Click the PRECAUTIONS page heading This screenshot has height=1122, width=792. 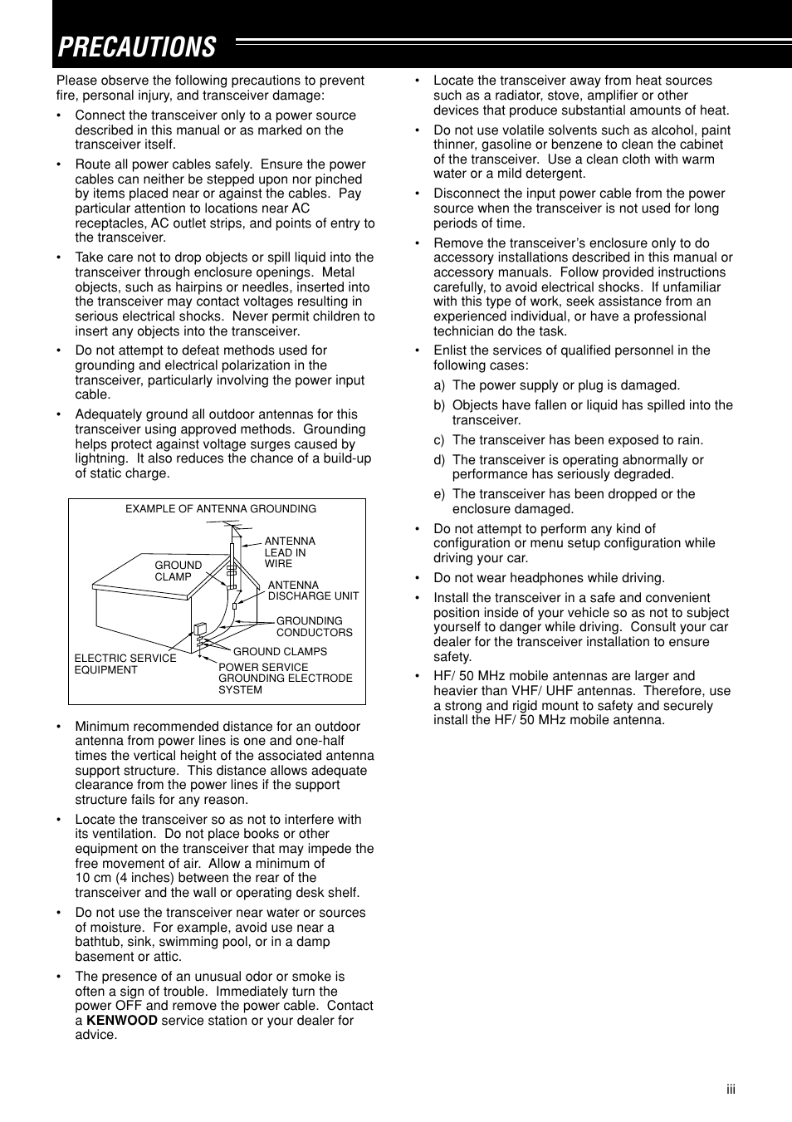click(137, 47)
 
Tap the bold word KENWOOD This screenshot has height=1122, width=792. click(121, 1021)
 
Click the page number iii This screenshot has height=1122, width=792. click(731, 1090)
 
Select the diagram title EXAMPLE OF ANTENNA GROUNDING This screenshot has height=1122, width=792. click(221, 509)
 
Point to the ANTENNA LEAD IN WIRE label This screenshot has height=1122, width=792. click(289, 552)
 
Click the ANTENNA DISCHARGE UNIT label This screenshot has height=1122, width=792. click(313, 590)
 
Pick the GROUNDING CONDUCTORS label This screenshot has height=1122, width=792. click(314, 627)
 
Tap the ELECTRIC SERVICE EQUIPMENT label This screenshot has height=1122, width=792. click(125, 664)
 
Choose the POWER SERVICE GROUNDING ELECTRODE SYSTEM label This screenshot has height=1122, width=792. click(285, 679)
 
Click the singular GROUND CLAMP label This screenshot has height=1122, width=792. click(178, 571)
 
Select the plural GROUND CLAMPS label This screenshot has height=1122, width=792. click(280, 652)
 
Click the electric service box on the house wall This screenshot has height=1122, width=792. click(199, 630)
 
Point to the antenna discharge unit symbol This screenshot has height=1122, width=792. click(235, 605)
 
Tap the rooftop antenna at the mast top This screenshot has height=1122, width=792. click(233, 529)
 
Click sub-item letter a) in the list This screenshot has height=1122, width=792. click(439, 385)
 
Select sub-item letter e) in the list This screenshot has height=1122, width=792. click(439, 494)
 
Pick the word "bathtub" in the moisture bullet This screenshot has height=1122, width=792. click(98, 942)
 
